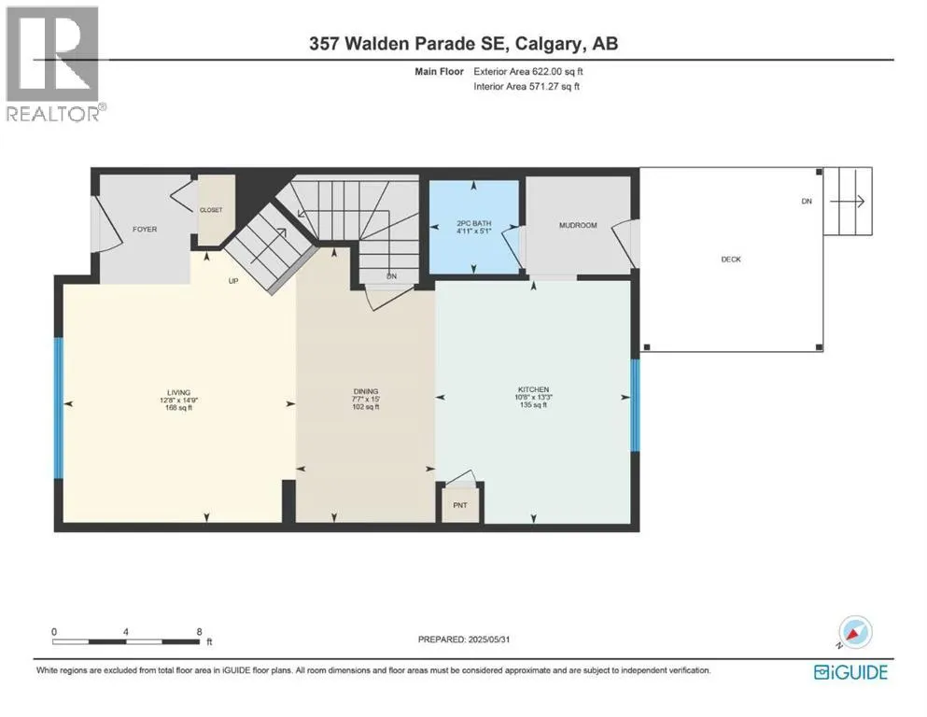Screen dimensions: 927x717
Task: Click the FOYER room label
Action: (x=145, y=230)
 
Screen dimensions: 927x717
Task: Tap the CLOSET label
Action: (x=211, y=210)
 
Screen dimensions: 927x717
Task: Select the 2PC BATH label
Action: (x=474, y=223)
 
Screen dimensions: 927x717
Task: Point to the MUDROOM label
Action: (x=578, y=225)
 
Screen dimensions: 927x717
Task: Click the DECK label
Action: (x=731, y=260)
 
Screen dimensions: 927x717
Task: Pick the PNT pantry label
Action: (x=460, y=505)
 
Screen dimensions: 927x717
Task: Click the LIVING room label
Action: (x=178, y=392)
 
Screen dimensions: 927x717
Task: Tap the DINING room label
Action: (x=366, y=391)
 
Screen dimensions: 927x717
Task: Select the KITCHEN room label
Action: (x=534, y=389)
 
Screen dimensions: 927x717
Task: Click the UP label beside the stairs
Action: (x=233, y=281)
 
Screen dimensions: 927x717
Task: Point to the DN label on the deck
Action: (x=807, y=202)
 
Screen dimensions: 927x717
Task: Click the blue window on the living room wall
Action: (x=59, y=408)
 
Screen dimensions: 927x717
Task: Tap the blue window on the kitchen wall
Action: (x=635, y=405)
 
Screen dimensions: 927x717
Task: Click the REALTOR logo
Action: (x=55, y=63)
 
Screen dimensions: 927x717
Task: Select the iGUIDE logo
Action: (x=850, y=673)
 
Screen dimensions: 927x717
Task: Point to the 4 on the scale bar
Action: (x=126, y=632)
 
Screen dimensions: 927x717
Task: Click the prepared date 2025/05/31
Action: (x=488, y=640)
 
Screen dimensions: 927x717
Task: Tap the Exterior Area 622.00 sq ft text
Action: (x=528, y=72)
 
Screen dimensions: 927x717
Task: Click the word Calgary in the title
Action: (x=546, y=44)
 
